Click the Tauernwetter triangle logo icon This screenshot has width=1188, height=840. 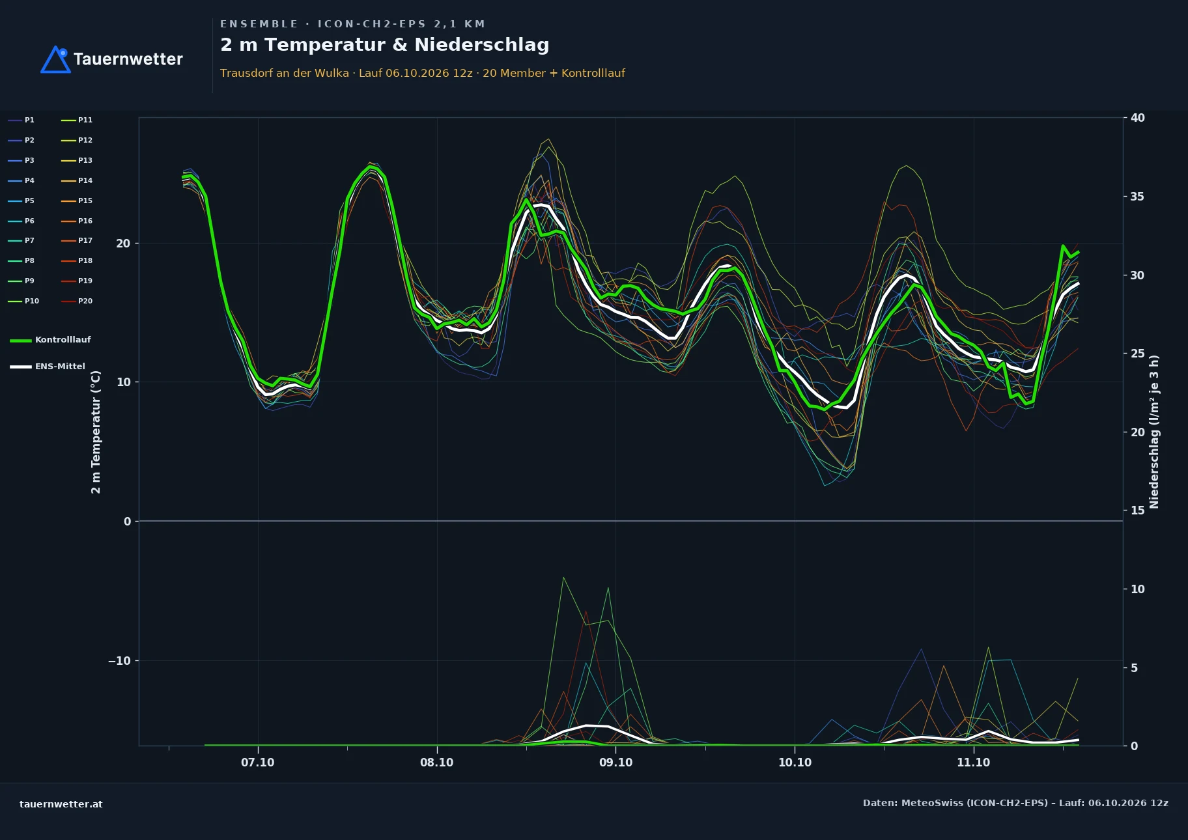tap(55, 59)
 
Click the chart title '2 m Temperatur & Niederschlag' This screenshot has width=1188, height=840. tap(384, 45)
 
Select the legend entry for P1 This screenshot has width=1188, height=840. tap(21, 120)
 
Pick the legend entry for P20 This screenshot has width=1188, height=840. tap(77, 301)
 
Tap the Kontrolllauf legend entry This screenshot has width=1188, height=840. tap(50, 340)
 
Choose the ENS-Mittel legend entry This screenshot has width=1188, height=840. tap(48, 367)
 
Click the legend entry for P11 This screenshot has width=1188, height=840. tap(77, 120)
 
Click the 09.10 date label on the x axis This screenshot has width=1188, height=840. tap(615, 763)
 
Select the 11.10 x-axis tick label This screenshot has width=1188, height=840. tap(973, 763)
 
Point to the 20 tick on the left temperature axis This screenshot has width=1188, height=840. tap(123, 244)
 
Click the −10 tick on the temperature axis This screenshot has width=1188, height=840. tap(119, 661)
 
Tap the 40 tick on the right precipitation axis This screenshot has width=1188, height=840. tap(1137, 118)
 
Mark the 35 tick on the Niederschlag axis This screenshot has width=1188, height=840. tap(1137, 197)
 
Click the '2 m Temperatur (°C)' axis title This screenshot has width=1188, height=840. tap(96, 432)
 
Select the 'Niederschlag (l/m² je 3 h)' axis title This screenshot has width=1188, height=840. tap(1154, 432)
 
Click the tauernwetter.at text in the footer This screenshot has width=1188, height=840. tap(61, 804)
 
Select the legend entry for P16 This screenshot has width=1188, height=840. tap(77, 221)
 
